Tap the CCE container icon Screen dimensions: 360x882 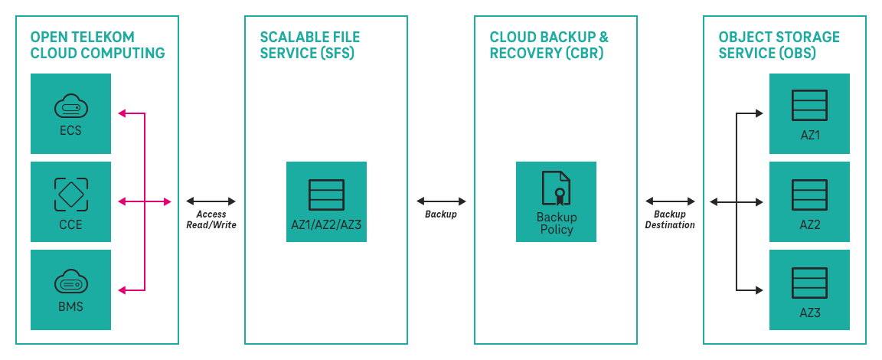(x=70, y=194)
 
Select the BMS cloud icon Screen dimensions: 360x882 (x=70, y=283)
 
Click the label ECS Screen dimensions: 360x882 (x=70, y=130)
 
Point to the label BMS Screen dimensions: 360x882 (x=70, y=307)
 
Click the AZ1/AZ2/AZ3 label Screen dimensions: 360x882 (x=326, y=224)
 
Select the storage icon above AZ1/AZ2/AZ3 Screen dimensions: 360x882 (x=326, y=195)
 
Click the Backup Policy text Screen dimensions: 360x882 (x=556, y=223)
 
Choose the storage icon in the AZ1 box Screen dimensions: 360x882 (x=809, y=106)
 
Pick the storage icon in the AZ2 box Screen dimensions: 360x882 (x=809, y=195)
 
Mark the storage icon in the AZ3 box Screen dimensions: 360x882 (x=809, y=283)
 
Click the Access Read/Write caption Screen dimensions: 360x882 (x=211, y=220)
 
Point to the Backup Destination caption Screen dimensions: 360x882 (x=670, y=220)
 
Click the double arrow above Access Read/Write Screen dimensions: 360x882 (x=211, y=201)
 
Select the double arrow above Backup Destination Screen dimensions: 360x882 (x=670, y=201)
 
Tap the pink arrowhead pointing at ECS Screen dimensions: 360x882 (x=122, y=113)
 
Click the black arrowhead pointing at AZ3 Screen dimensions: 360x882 (x=759, y=290)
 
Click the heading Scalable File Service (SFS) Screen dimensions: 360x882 (x=309, y=45)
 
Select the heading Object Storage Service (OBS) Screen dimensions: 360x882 (x=779, y=45)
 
